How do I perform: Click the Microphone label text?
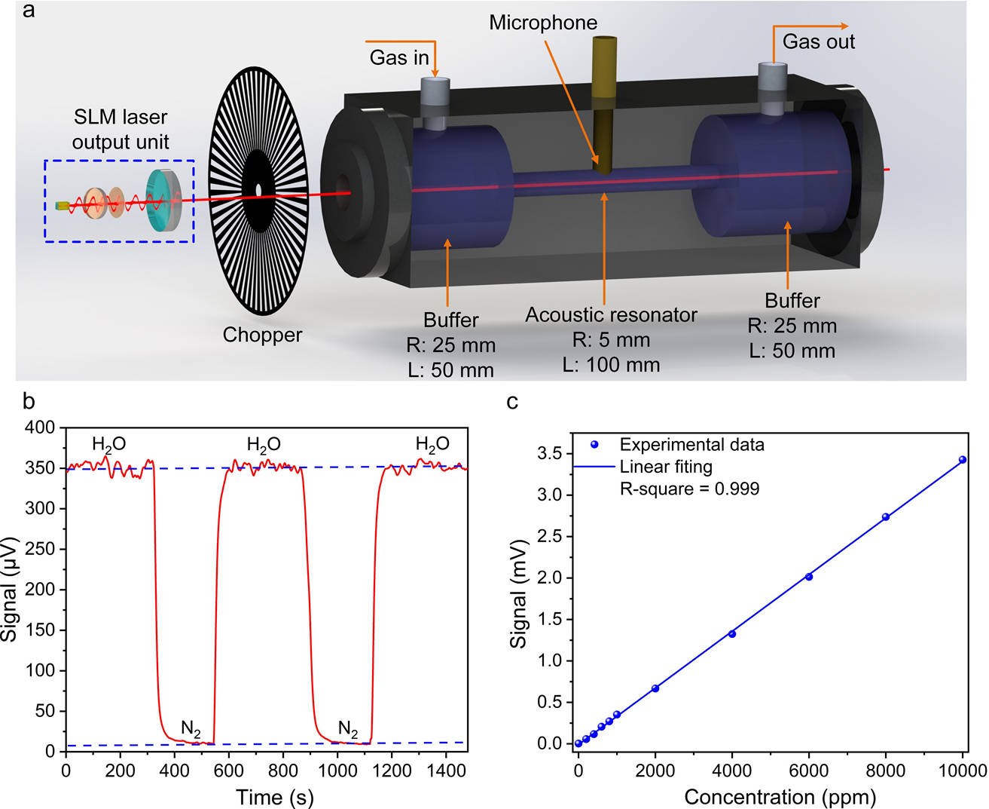(542, 23)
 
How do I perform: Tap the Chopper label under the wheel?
(262, 335)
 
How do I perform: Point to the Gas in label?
(399, 57)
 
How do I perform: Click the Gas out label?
(818, 41)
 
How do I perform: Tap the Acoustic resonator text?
(611, 314)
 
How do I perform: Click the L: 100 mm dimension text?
(611, 365)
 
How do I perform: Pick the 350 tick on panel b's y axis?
(41, 468)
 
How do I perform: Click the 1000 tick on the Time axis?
(337, 771)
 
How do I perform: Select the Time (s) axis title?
(274, 796)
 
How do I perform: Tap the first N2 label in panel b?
(191, 729)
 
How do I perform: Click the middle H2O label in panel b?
(264, 445)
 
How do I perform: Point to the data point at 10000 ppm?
(963, 459)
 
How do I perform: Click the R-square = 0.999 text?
(689, 489)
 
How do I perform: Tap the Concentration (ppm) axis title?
(780, 796)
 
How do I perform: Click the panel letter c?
(512, 401)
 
